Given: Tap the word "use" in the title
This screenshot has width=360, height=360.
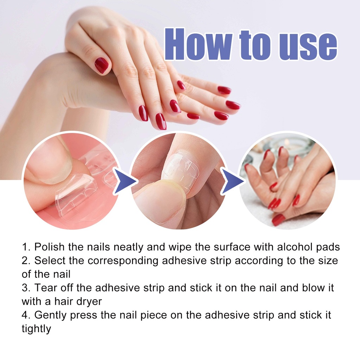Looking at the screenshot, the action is (308, 47).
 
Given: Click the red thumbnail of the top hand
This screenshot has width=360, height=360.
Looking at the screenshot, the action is (102, 65).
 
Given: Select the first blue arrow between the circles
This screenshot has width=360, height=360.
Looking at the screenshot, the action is (125, 181).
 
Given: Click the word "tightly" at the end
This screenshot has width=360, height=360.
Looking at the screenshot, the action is (36, 329).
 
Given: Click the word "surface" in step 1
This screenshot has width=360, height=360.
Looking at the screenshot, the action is (232, 247).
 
